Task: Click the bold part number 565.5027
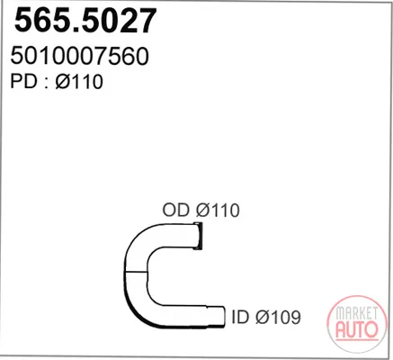pyautogui.click(x=85, y=21)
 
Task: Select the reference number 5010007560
pyautogui.click(x=79, y=56)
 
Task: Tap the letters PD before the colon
pyautogui.click(x=23, y=81)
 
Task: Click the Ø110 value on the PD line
pyautogui.click(x=79, y=81)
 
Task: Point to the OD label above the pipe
pyautogui.click(x=176, y=210)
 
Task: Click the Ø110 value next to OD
pyautogui.click(x=218, y=210)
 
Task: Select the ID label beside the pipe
pyautogui.click(x=240, y=317)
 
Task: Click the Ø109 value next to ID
pyautogui.click(x=278, y=317)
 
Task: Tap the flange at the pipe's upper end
pyautogui.click(x=198, y=236)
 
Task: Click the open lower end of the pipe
pyautogui.click(x=222, y=318)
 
